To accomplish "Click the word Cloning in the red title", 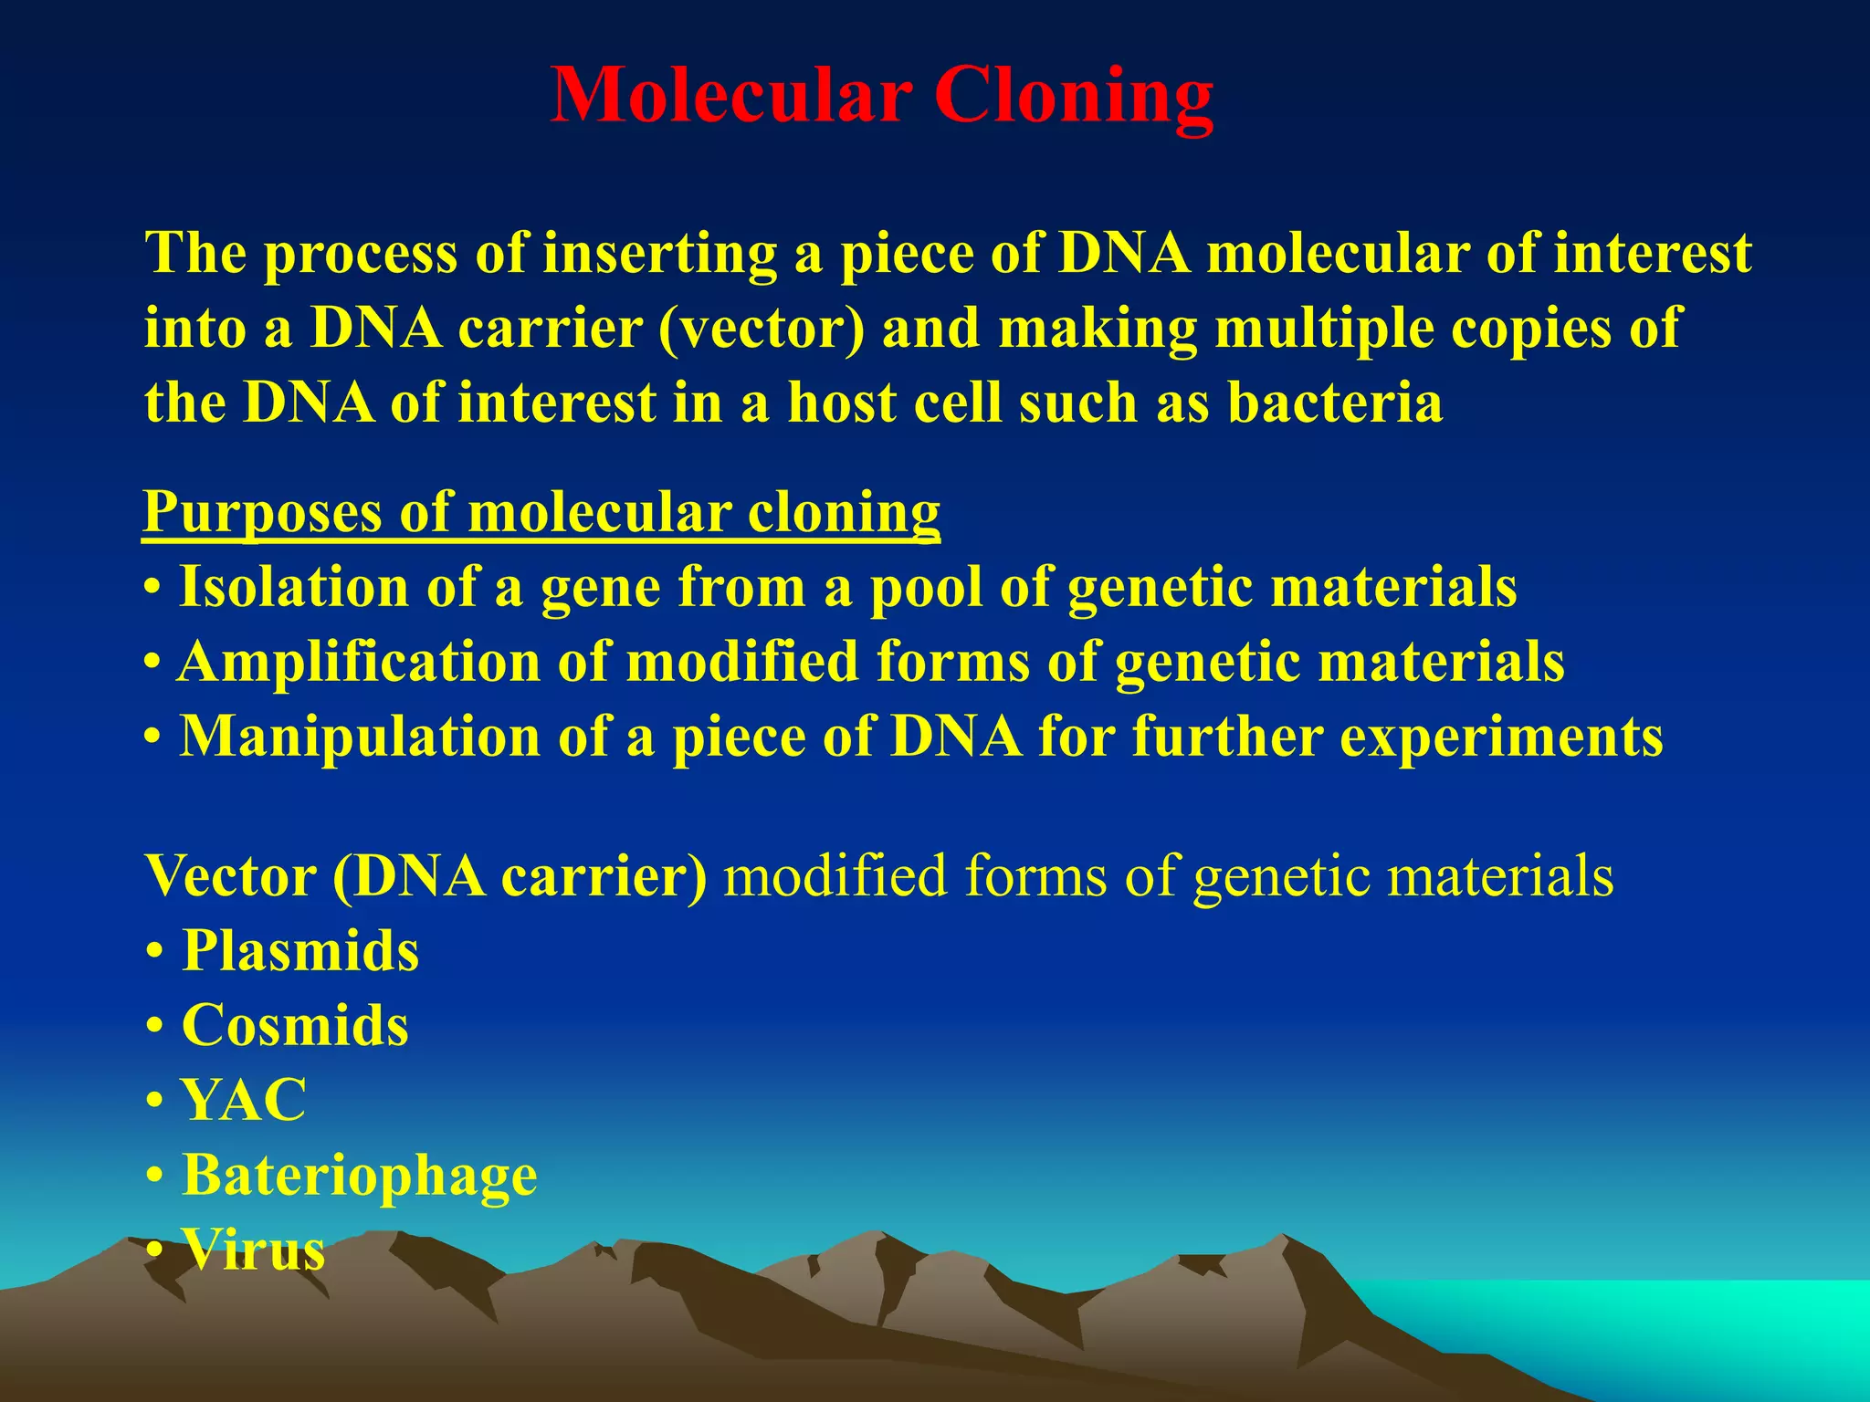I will click(x=1074, y=96).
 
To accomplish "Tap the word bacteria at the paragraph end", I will click(x=1334, y=403).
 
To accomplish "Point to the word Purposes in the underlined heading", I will click(x=262, y=512).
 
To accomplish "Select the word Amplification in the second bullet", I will click(x=359, y=662).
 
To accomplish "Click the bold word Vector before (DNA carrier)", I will click(x=230, y=876).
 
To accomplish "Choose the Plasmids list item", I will click(x=300, y=951).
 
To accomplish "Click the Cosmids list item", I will click(x=295, y=1026).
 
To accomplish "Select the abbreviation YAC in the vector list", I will click(x=244, y=1101).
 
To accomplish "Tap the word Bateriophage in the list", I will click(x=360, y=1176).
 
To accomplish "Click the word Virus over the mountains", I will click(x=253, y=1250).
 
